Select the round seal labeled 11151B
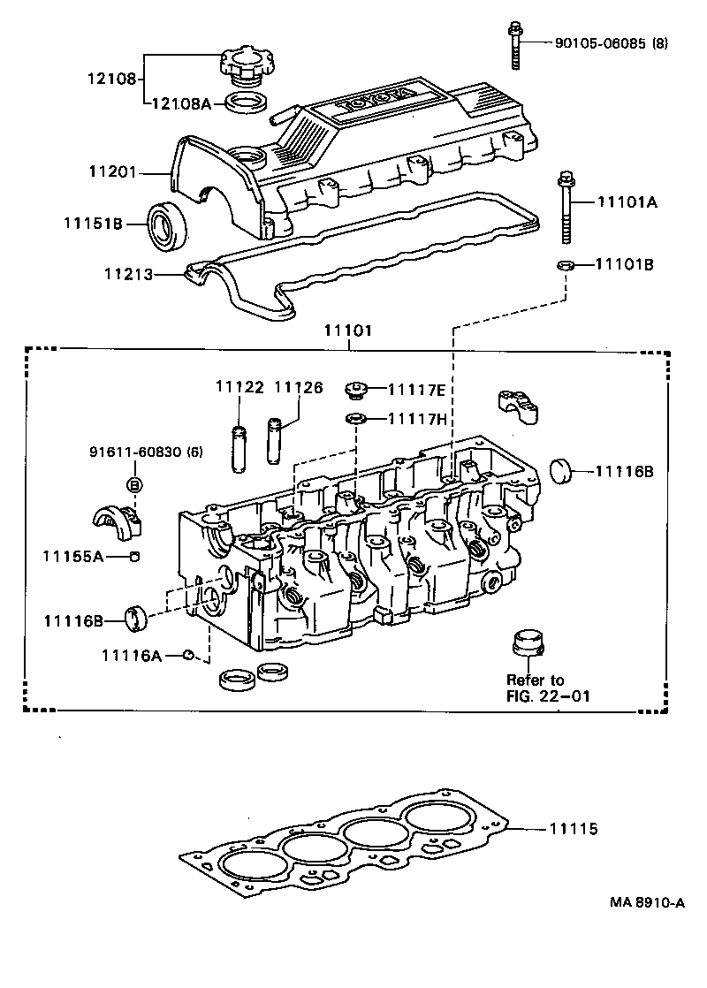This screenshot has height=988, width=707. click(167, 224)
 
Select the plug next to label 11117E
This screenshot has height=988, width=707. click(357, 388)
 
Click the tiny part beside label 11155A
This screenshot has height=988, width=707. click(134, 556)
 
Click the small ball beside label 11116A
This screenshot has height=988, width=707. click(187, 655)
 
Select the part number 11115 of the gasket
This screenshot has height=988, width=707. click(574, 830)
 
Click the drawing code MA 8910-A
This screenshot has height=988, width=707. click(646, 902)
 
